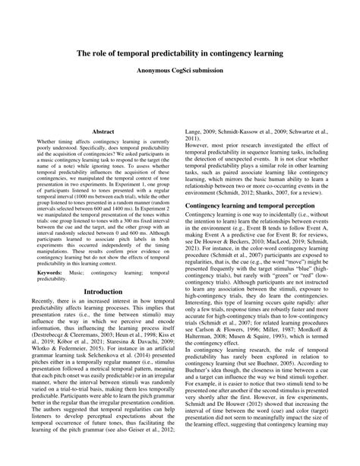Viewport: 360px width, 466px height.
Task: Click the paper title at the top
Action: click(x=180, y=54)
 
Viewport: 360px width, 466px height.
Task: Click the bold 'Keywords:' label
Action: click(x=50, y=271)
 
